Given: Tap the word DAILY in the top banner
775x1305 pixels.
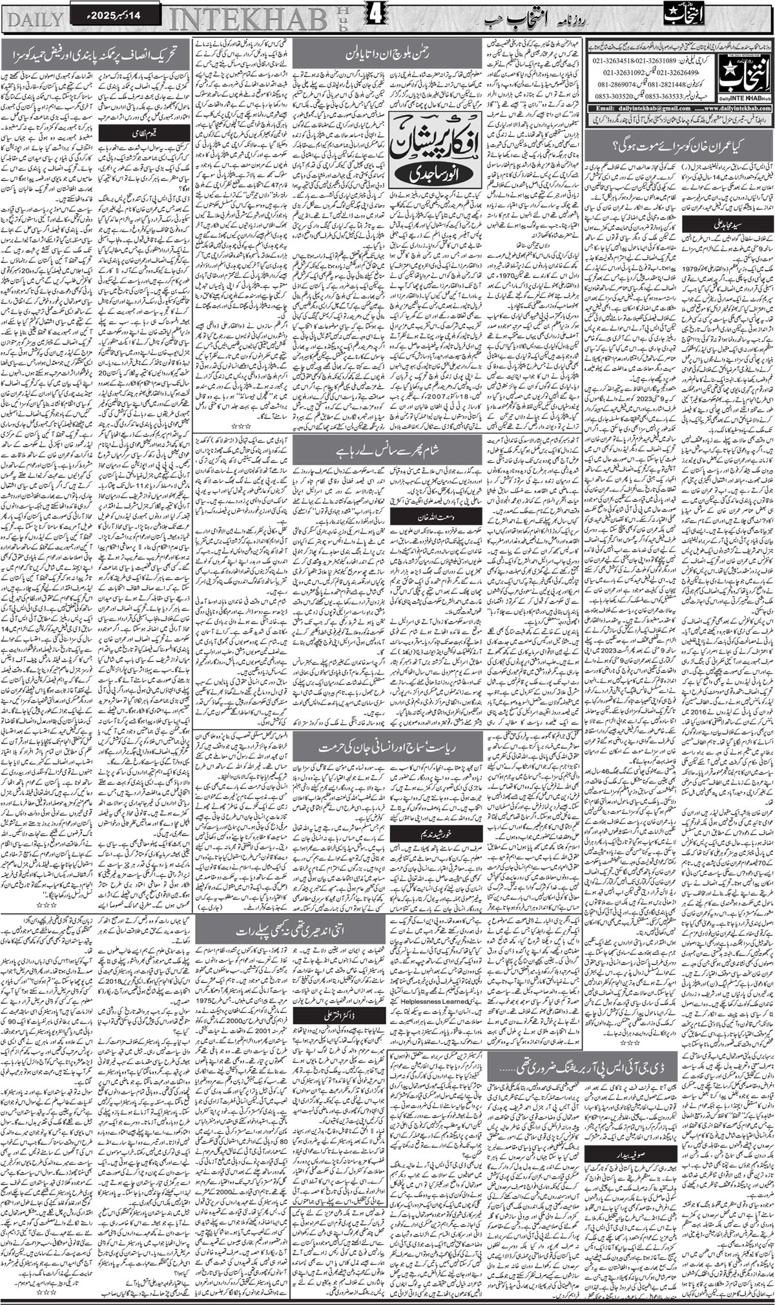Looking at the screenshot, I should coord(33,17).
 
